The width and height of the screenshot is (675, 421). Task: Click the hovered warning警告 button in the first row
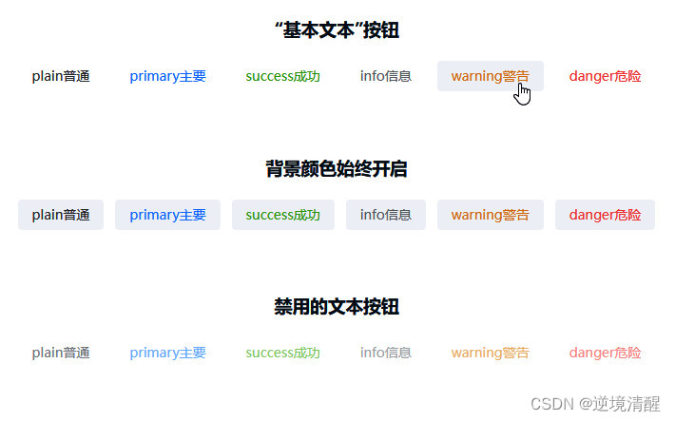pyautogui.click(x=490, y=76)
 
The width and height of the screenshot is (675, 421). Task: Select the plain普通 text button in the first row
pyautogui.click(x=61, y=76)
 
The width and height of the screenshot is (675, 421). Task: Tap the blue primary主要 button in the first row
pyautogui.click(x=167, y=76)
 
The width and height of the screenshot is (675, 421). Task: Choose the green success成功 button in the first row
pyautogui.click(x=282, y=76)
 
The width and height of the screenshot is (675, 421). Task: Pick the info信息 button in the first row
pyautogui.click(x=385, y=76)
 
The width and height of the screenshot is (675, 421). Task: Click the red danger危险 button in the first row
pyautogui.click(x=605, y=76)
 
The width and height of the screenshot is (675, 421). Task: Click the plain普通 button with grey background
pyautogui.click(x=61, y=215)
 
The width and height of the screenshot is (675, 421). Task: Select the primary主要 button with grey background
pyautogui.click(x=167, y=215)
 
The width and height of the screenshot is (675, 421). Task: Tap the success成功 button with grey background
pyautogui.click(x=282, y=215)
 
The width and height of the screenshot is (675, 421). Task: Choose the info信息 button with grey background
pyautogui.click(x=385, y=215)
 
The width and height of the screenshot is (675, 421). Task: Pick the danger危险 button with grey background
pyautogui.click(x=605, y=215)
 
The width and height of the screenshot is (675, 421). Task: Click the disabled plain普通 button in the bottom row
pyautogui.click(x=61, y=353)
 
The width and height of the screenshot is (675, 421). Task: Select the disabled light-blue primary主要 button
pyautogui.click(x=167, y=353)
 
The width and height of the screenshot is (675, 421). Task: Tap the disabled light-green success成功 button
pyautogui.click(x=282, y=353)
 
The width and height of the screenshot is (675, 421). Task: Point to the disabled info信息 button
pyautogui.click(x=385, y=353)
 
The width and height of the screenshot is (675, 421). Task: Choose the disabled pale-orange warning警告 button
pyautogui.click(x=490, y=353)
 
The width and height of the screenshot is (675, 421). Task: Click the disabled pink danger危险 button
pyautogui.click(x=605, y=353)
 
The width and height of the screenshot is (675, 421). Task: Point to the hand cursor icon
pyautogui.click(x=522, y=94)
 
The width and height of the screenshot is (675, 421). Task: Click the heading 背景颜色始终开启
pyautogui.click(x=337, y=169)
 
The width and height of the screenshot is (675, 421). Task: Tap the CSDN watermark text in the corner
pyautogui.click(x=595, y=404)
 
